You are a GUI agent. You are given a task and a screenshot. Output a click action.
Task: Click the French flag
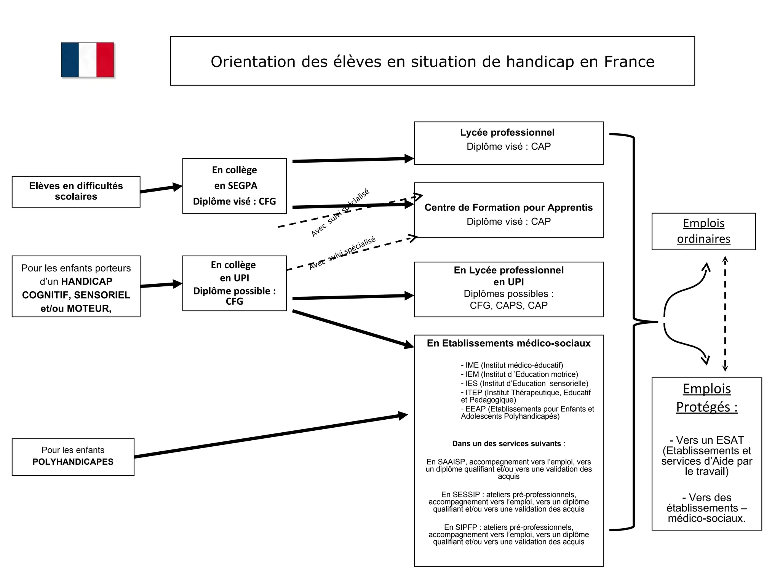(x=88, y=60)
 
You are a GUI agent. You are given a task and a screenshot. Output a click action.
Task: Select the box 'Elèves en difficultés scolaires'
(x=76, y=192)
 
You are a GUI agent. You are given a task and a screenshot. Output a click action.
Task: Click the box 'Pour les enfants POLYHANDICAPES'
(x=73, y=457)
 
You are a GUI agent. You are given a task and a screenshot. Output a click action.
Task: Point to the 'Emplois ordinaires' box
(x=703, y=231)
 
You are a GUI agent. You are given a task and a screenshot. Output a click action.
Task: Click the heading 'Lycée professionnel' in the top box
(x=507, y=133)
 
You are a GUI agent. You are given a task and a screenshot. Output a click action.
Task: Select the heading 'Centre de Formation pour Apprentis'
(x=508, y=208)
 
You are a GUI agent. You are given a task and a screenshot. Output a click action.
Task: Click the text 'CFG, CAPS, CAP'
(x=508, y=305)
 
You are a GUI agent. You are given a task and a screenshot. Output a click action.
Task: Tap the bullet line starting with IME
(x=512, y=365)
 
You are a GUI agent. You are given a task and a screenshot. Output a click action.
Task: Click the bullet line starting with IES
(x=524, y=384)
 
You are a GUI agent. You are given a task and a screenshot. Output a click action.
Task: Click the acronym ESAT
(x=728, y=440)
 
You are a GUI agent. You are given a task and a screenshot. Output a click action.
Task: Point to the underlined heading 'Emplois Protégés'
(x=706, y=398)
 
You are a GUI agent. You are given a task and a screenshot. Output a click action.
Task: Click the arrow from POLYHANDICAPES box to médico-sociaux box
(x=270, y=436)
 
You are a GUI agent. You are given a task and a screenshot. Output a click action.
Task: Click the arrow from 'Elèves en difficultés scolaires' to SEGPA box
(x=161, y=188)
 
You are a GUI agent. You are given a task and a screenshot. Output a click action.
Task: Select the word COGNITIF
(x=46, y=295)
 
